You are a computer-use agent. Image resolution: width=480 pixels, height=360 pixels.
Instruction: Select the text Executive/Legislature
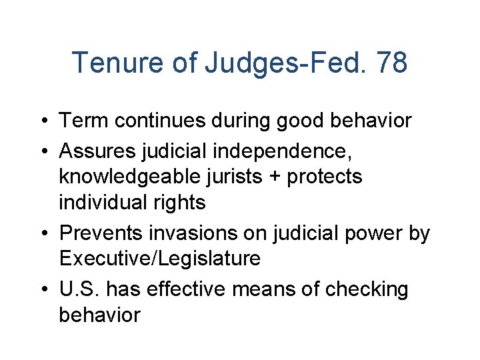click(159, 259)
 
